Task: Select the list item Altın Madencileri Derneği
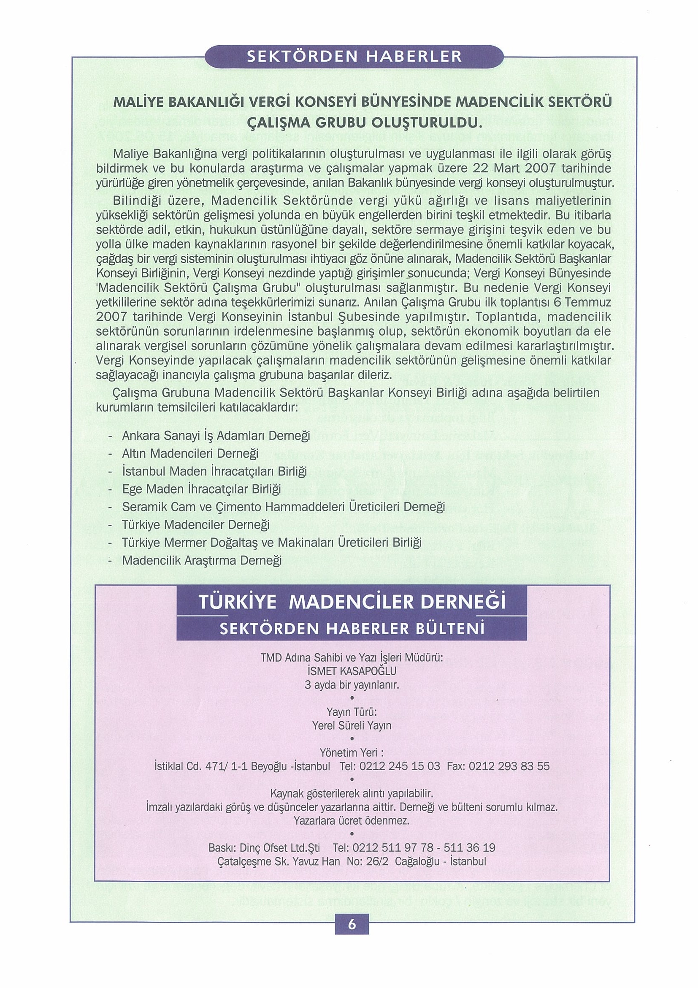click(x=189, y=453)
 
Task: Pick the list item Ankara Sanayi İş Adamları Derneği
click(x=216, y=435)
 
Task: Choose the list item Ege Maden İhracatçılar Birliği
click(x=201, y=489)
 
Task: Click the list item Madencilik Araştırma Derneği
click(x=202, y=561)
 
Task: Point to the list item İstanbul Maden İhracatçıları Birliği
click(x=214, y=472)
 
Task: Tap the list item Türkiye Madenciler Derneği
click(x=196, y=525)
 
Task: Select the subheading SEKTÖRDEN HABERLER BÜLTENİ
click(x=352, y=629)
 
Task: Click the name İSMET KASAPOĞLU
click(x=352, y=671)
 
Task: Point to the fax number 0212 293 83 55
click(x=509, y=766)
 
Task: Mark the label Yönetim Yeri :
click(x=352, y=753)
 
